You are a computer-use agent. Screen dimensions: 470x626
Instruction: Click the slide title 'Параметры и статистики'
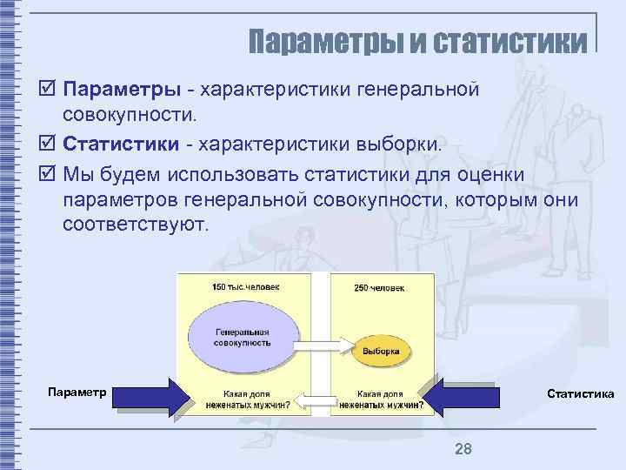pos(417,41)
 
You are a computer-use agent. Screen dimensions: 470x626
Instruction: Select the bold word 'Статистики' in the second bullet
pos(127,142)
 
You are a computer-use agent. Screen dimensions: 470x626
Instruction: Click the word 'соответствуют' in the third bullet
pos(136,225)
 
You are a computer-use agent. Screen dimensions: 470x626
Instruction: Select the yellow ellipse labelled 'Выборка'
pos(382,352)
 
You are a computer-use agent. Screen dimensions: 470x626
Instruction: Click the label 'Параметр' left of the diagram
pos(77,393)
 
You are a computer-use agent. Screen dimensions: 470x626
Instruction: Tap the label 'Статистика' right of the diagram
pos(580,394)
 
